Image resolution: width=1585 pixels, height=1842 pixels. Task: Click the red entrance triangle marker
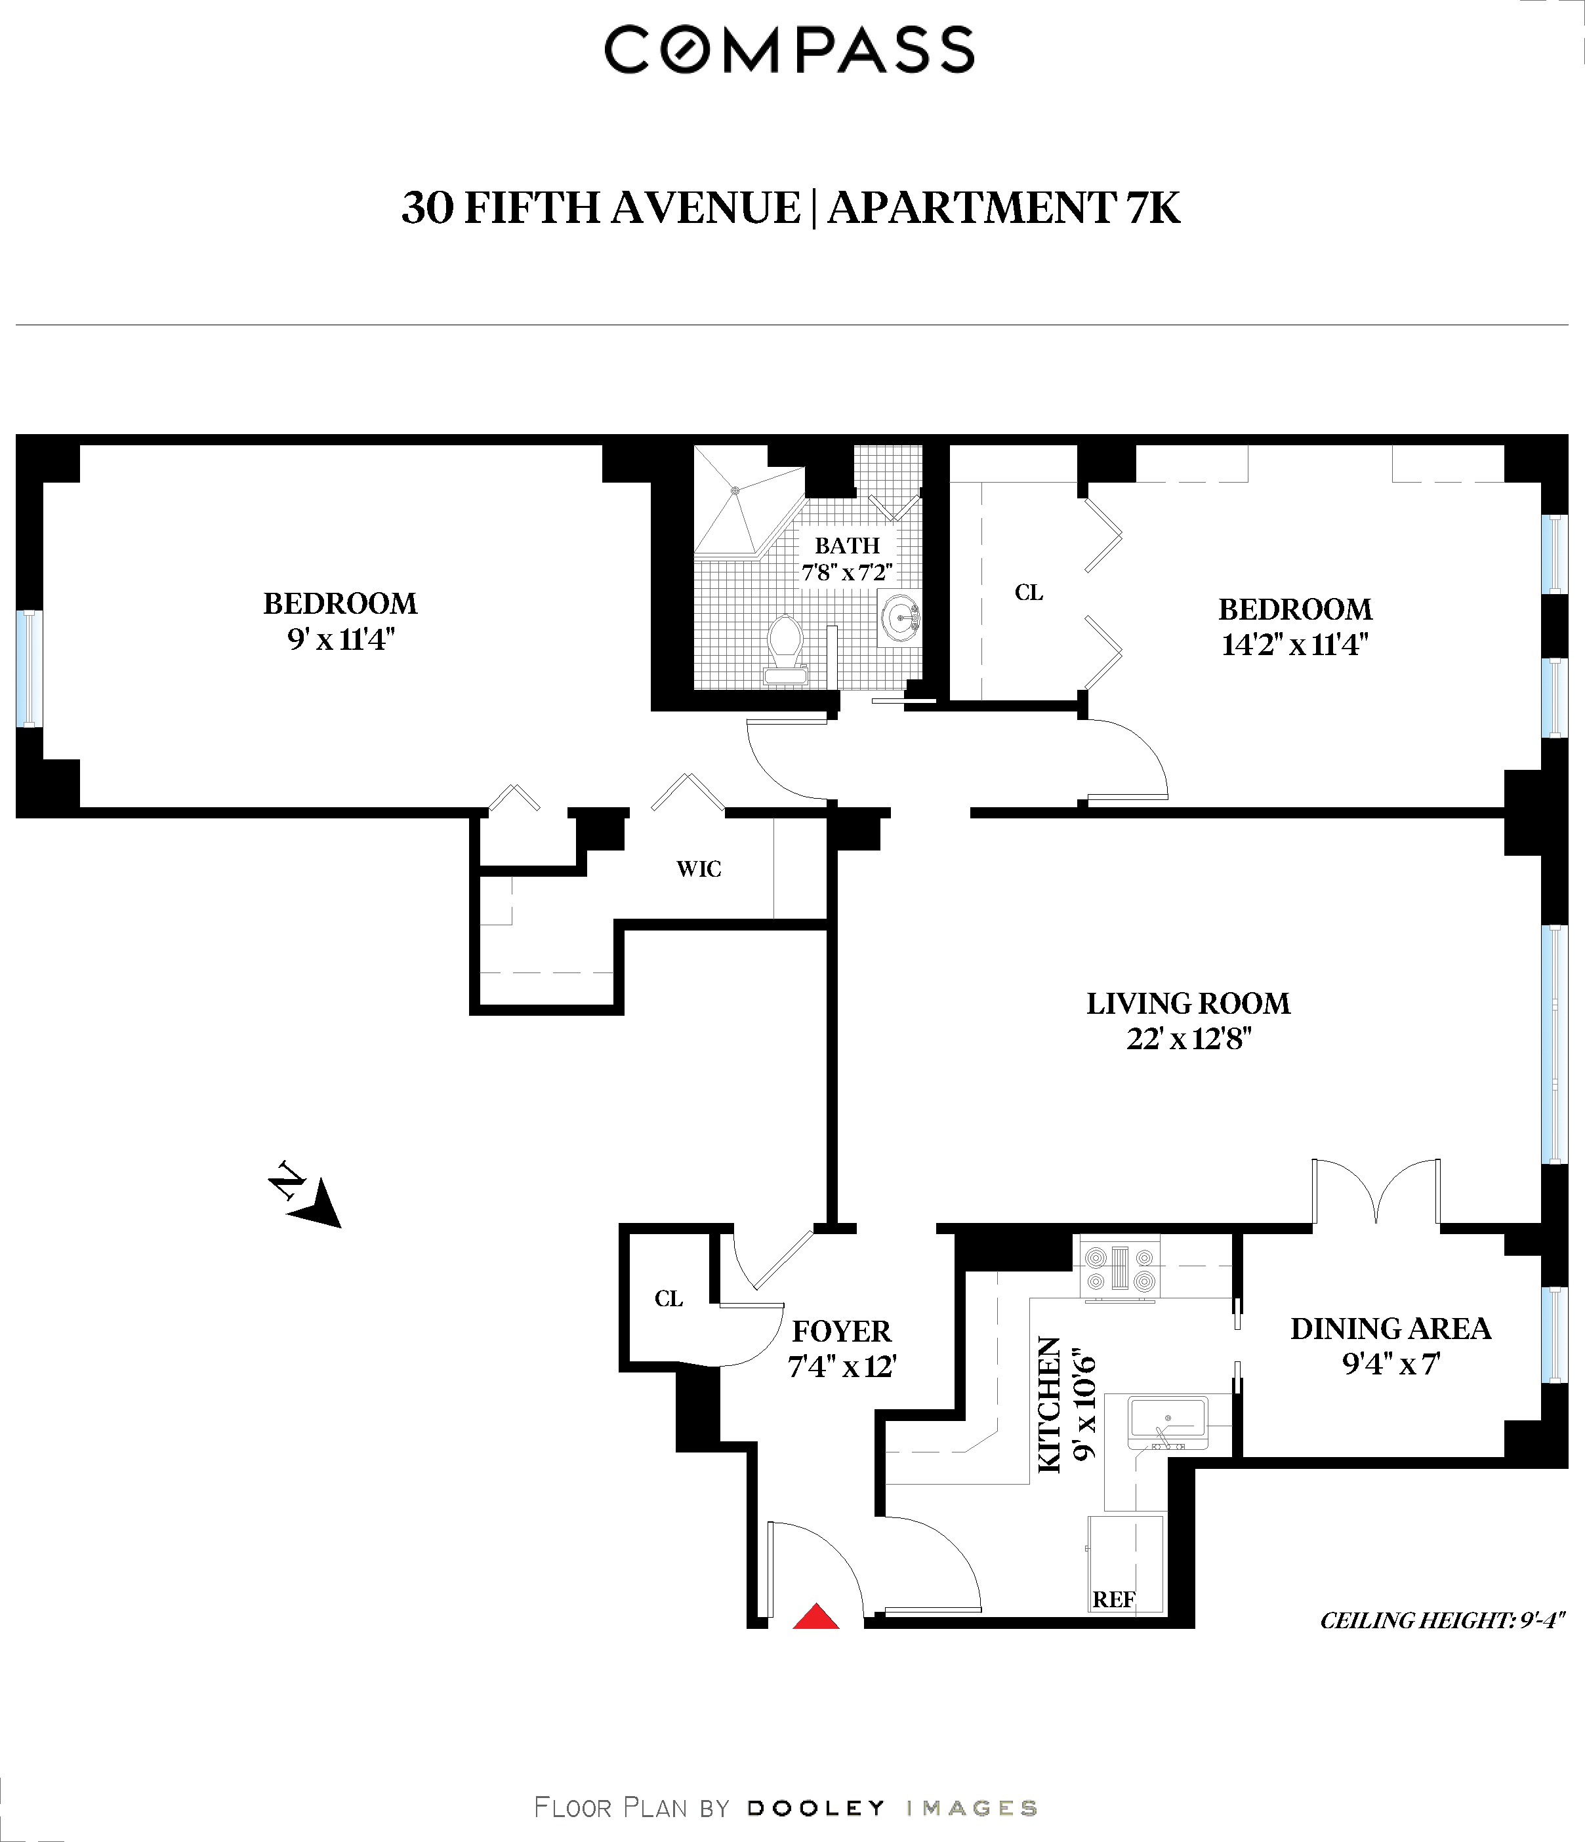tap(815, 1617)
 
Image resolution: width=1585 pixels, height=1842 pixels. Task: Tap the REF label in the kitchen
tap(1113, 1599)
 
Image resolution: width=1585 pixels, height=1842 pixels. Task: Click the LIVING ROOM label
tap(1187, 1003)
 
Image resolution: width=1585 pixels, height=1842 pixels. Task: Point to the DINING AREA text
tap(1389, 1328)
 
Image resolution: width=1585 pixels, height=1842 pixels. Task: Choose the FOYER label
tap(840, 1331)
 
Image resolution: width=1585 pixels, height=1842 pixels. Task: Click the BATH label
tap(847, 545)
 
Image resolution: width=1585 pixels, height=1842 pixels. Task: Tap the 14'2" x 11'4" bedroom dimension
tap(1294, 645)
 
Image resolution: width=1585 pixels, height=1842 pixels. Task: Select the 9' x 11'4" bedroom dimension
tap(340, 639)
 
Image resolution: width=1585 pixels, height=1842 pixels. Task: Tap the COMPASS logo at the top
tap(790, 50)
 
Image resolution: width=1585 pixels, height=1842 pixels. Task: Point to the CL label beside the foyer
tap(669, 1299)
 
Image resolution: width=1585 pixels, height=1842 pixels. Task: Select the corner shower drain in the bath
tap(735, 490)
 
